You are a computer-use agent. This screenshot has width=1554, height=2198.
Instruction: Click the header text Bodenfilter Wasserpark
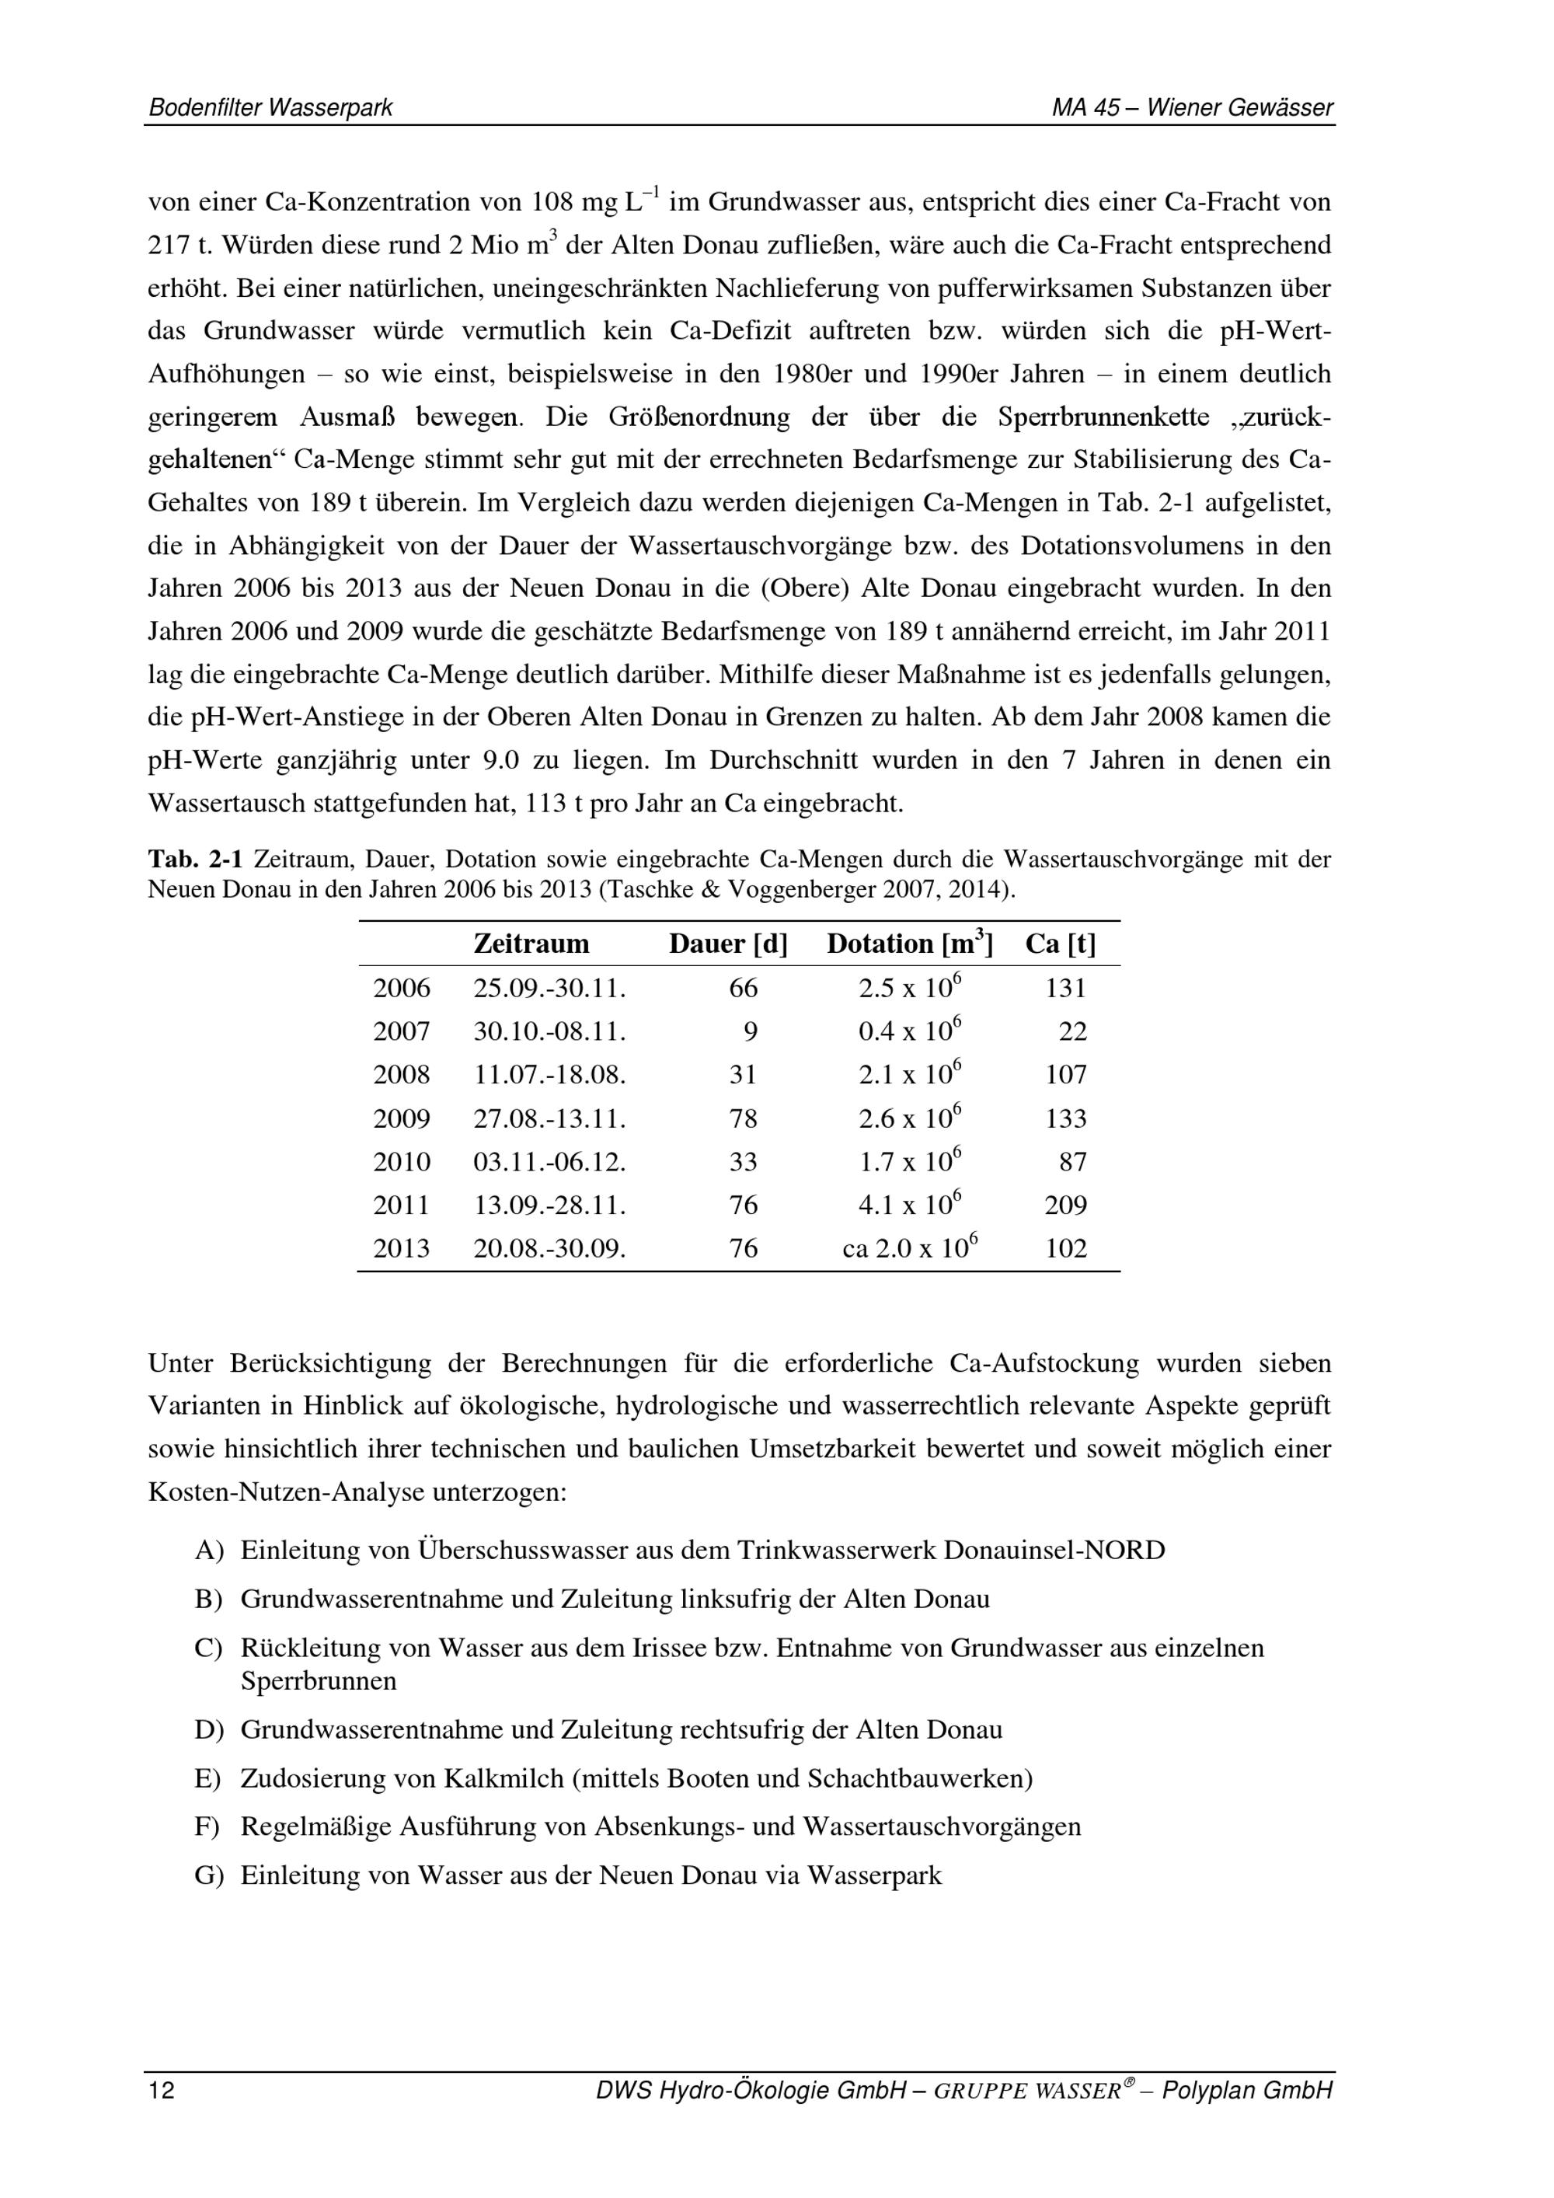(270, 108)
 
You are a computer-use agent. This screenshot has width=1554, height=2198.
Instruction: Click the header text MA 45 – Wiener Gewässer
(1191, 108)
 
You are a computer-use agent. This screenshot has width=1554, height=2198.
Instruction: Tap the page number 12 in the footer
(162, 2091)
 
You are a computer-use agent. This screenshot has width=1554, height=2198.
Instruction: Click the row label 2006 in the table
(402, 989)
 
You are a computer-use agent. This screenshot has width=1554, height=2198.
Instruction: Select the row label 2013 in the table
(402, 1249)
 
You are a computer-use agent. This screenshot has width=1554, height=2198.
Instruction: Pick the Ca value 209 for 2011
(1066, 1205)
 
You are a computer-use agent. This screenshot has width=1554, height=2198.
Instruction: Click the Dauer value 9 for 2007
(751, 1032)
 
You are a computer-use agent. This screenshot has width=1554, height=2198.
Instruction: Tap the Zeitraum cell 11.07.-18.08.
(549, 1075)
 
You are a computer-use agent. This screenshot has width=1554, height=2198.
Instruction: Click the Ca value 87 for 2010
(1073, 1162)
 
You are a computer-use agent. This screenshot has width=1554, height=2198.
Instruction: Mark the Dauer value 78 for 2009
(743, 1119)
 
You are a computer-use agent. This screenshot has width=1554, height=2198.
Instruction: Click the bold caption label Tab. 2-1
(194, 860)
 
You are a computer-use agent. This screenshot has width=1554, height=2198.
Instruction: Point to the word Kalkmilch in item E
(503, 1779)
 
